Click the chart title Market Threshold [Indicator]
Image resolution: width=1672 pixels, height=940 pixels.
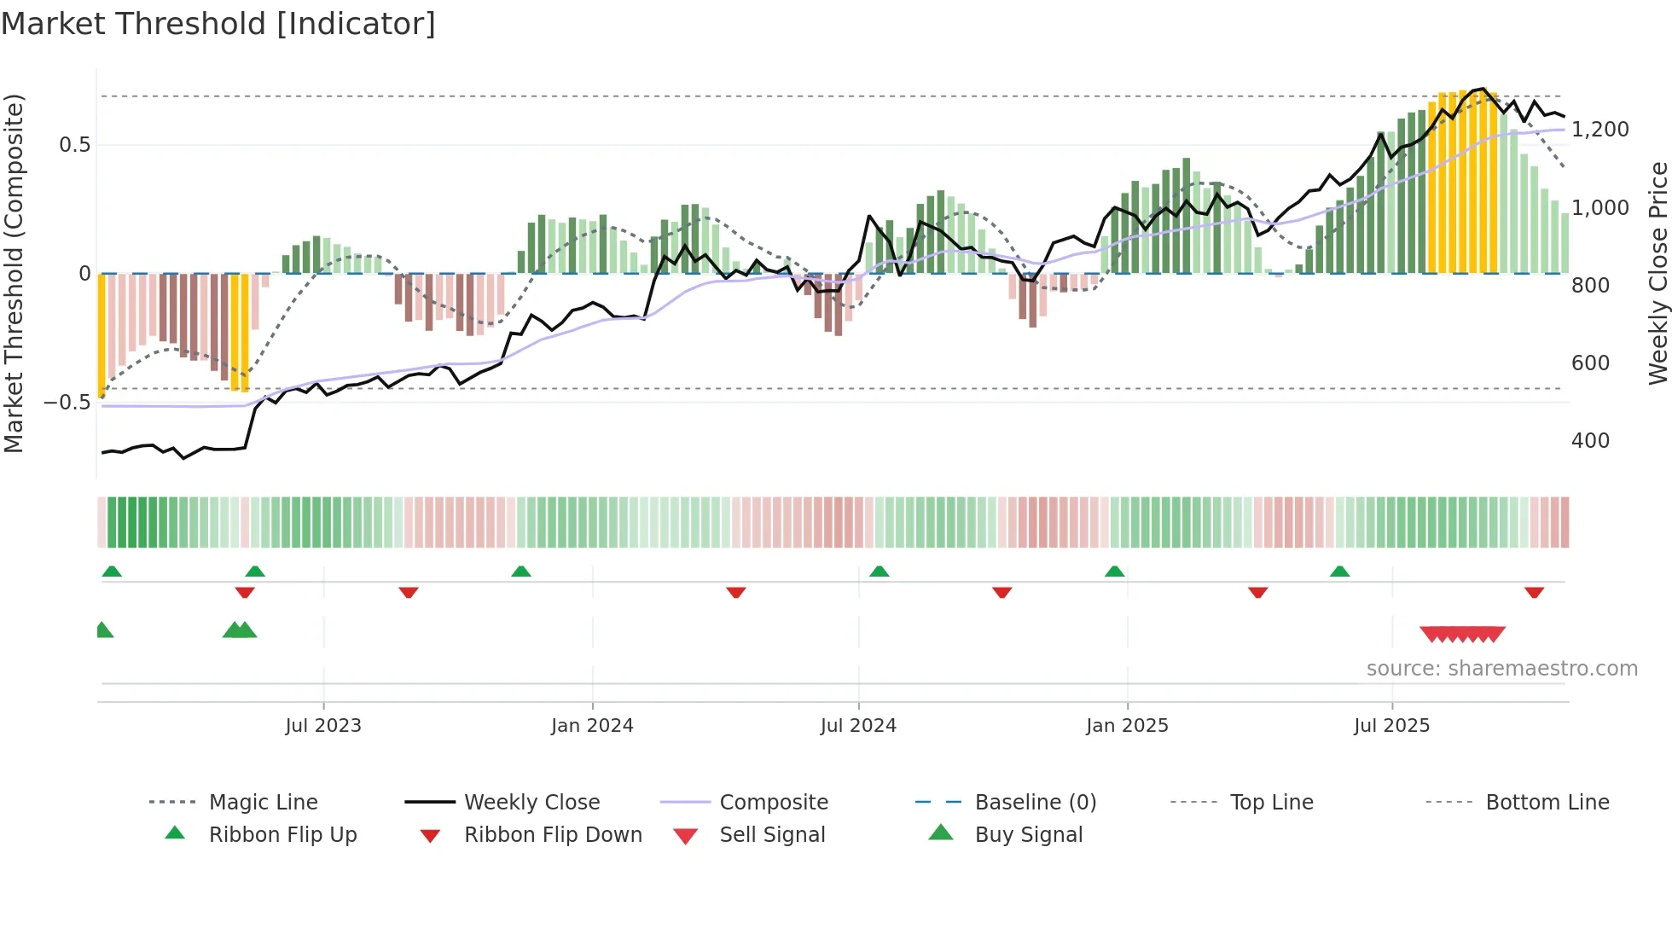tap(218, 24)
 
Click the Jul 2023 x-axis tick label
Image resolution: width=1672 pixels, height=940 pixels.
tap(323, 725)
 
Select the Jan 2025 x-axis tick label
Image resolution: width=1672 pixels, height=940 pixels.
tap(1127, 725)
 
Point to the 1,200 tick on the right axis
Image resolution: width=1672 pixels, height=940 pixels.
tap(1599, 130)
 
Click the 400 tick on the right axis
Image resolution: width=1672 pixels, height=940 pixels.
tap(1590, 441)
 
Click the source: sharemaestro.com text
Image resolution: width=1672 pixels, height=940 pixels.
tap(1501, 668)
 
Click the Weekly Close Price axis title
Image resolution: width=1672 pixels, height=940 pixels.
tap(1657, 273)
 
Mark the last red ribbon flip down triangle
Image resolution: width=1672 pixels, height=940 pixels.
tap(1534, 592)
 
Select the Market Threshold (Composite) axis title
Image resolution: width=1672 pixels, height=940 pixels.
tap(14, 273)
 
